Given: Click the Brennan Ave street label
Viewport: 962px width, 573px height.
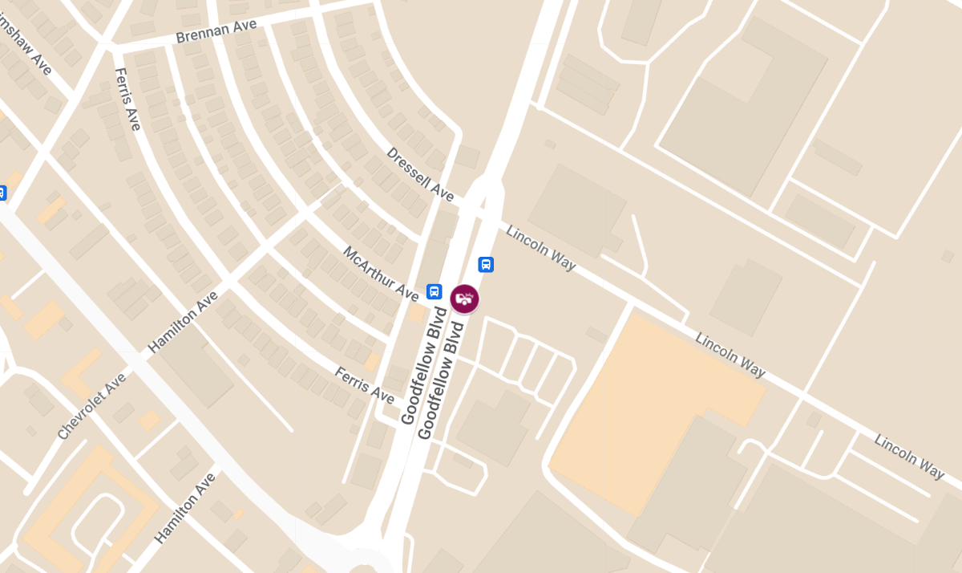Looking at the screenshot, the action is [216, 31].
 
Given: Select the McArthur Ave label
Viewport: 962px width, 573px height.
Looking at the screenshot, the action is [381, 274].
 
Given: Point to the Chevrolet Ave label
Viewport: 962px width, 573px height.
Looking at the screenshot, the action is [92, 406].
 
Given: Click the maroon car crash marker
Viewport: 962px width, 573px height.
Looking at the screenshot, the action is [463, 299].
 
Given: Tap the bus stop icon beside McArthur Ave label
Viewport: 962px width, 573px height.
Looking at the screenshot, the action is [435, 291].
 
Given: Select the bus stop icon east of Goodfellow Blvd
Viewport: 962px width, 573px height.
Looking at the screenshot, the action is [486, 264].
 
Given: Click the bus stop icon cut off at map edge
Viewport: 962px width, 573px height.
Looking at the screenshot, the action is [2, 193].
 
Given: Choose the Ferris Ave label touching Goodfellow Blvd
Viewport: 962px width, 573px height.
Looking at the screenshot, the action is [364, 386].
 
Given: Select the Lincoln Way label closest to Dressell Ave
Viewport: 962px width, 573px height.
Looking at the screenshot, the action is [540, 246].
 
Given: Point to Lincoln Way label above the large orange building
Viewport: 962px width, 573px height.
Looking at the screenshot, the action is [730, 355].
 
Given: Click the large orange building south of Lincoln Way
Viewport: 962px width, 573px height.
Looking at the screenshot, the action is [649, 409].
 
